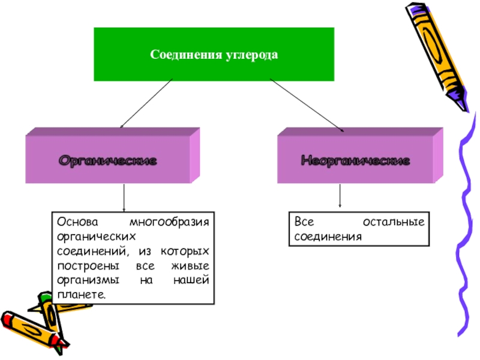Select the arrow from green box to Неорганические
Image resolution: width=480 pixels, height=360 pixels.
tap(306, 104)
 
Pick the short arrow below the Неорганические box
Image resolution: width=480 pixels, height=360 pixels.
tap(340, 196)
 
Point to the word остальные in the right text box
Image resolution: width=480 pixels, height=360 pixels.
tap(394, 222)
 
